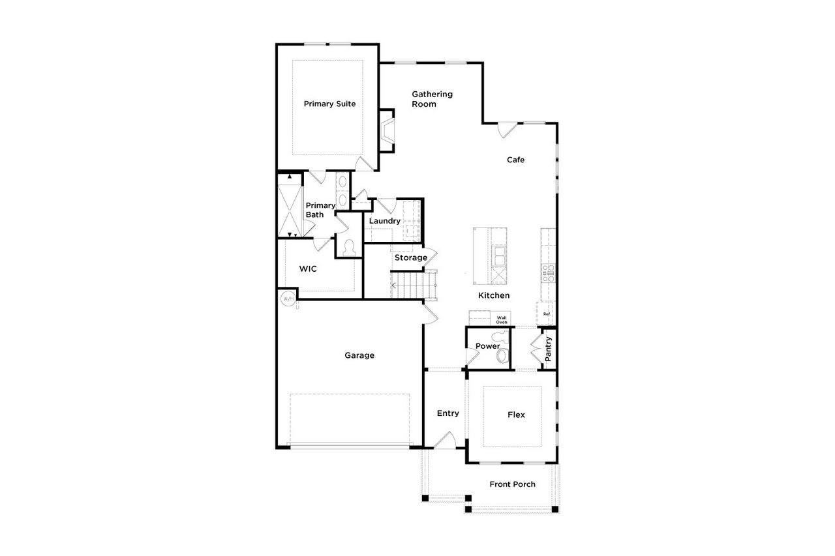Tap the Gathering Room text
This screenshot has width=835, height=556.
coord(431,99)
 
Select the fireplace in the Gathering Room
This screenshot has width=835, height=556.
coord(387,130)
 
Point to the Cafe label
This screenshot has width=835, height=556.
coord(516,160)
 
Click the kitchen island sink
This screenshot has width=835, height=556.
coord(500,256)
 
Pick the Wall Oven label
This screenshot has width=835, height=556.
coord(502,320)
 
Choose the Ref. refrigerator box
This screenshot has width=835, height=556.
coord(547,314)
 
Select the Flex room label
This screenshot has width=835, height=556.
coord(516,415)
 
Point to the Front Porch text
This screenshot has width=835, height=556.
coord(512,484)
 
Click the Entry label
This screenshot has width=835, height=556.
coord(448,413)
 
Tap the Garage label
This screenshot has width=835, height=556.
coord(359,355)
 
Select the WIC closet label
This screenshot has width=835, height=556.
coord(308,269)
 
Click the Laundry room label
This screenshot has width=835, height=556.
coord(384,221)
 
